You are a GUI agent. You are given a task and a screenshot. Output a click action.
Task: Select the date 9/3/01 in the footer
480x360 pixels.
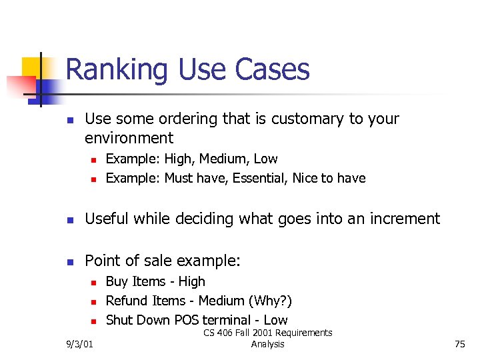click(x=80, y=344)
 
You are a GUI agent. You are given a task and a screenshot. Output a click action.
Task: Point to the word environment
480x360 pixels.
click(x=129, y=139)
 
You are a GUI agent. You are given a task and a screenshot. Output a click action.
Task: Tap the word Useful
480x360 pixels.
click(x=107, y=219)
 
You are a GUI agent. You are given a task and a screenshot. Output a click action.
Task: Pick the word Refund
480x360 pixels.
click(x=127, y=301)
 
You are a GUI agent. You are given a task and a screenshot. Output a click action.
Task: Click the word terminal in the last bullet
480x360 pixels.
click(x=229, y=320)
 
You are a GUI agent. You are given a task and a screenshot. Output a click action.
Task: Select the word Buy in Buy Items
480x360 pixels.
click(x=117, y=281)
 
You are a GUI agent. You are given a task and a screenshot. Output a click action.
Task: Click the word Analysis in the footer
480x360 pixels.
click(x=267, y=344)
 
